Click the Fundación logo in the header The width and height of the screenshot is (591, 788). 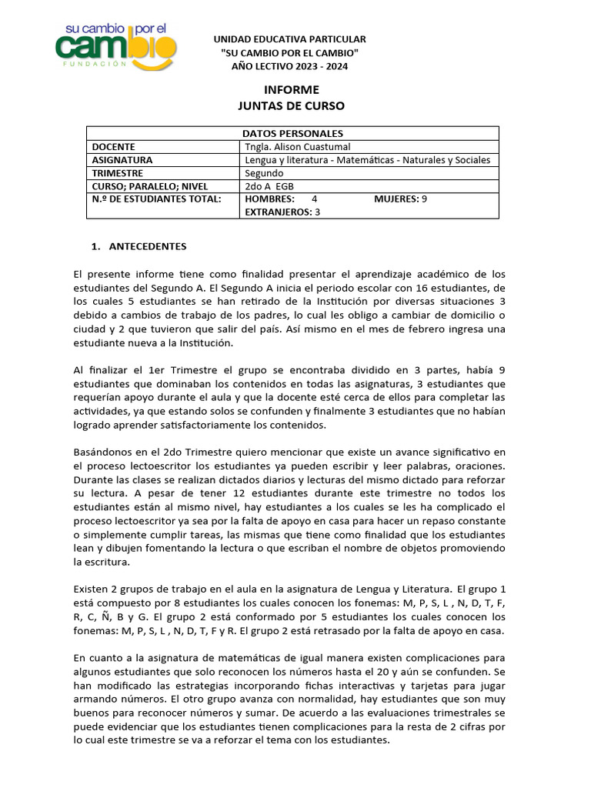(116, 48)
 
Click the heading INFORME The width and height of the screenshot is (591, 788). (291, 90)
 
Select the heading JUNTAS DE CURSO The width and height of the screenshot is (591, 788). (291, 106)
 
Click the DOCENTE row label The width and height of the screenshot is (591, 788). (114, 147)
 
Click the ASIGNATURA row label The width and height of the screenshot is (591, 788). (122, 160)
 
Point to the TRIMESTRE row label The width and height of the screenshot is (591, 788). (119, 173)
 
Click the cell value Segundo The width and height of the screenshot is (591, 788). (264, 173)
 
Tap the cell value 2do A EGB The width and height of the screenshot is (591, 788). (269, 186)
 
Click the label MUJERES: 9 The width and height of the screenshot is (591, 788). (400, 199)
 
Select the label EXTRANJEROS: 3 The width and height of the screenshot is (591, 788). (282, 212)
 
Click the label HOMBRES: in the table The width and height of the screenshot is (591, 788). (269, 199)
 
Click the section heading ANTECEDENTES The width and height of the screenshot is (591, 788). (147, 247)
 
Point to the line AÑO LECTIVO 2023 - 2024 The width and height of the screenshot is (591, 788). (289, 66)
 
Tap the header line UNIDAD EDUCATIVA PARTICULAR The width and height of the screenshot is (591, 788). (289, 38)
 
